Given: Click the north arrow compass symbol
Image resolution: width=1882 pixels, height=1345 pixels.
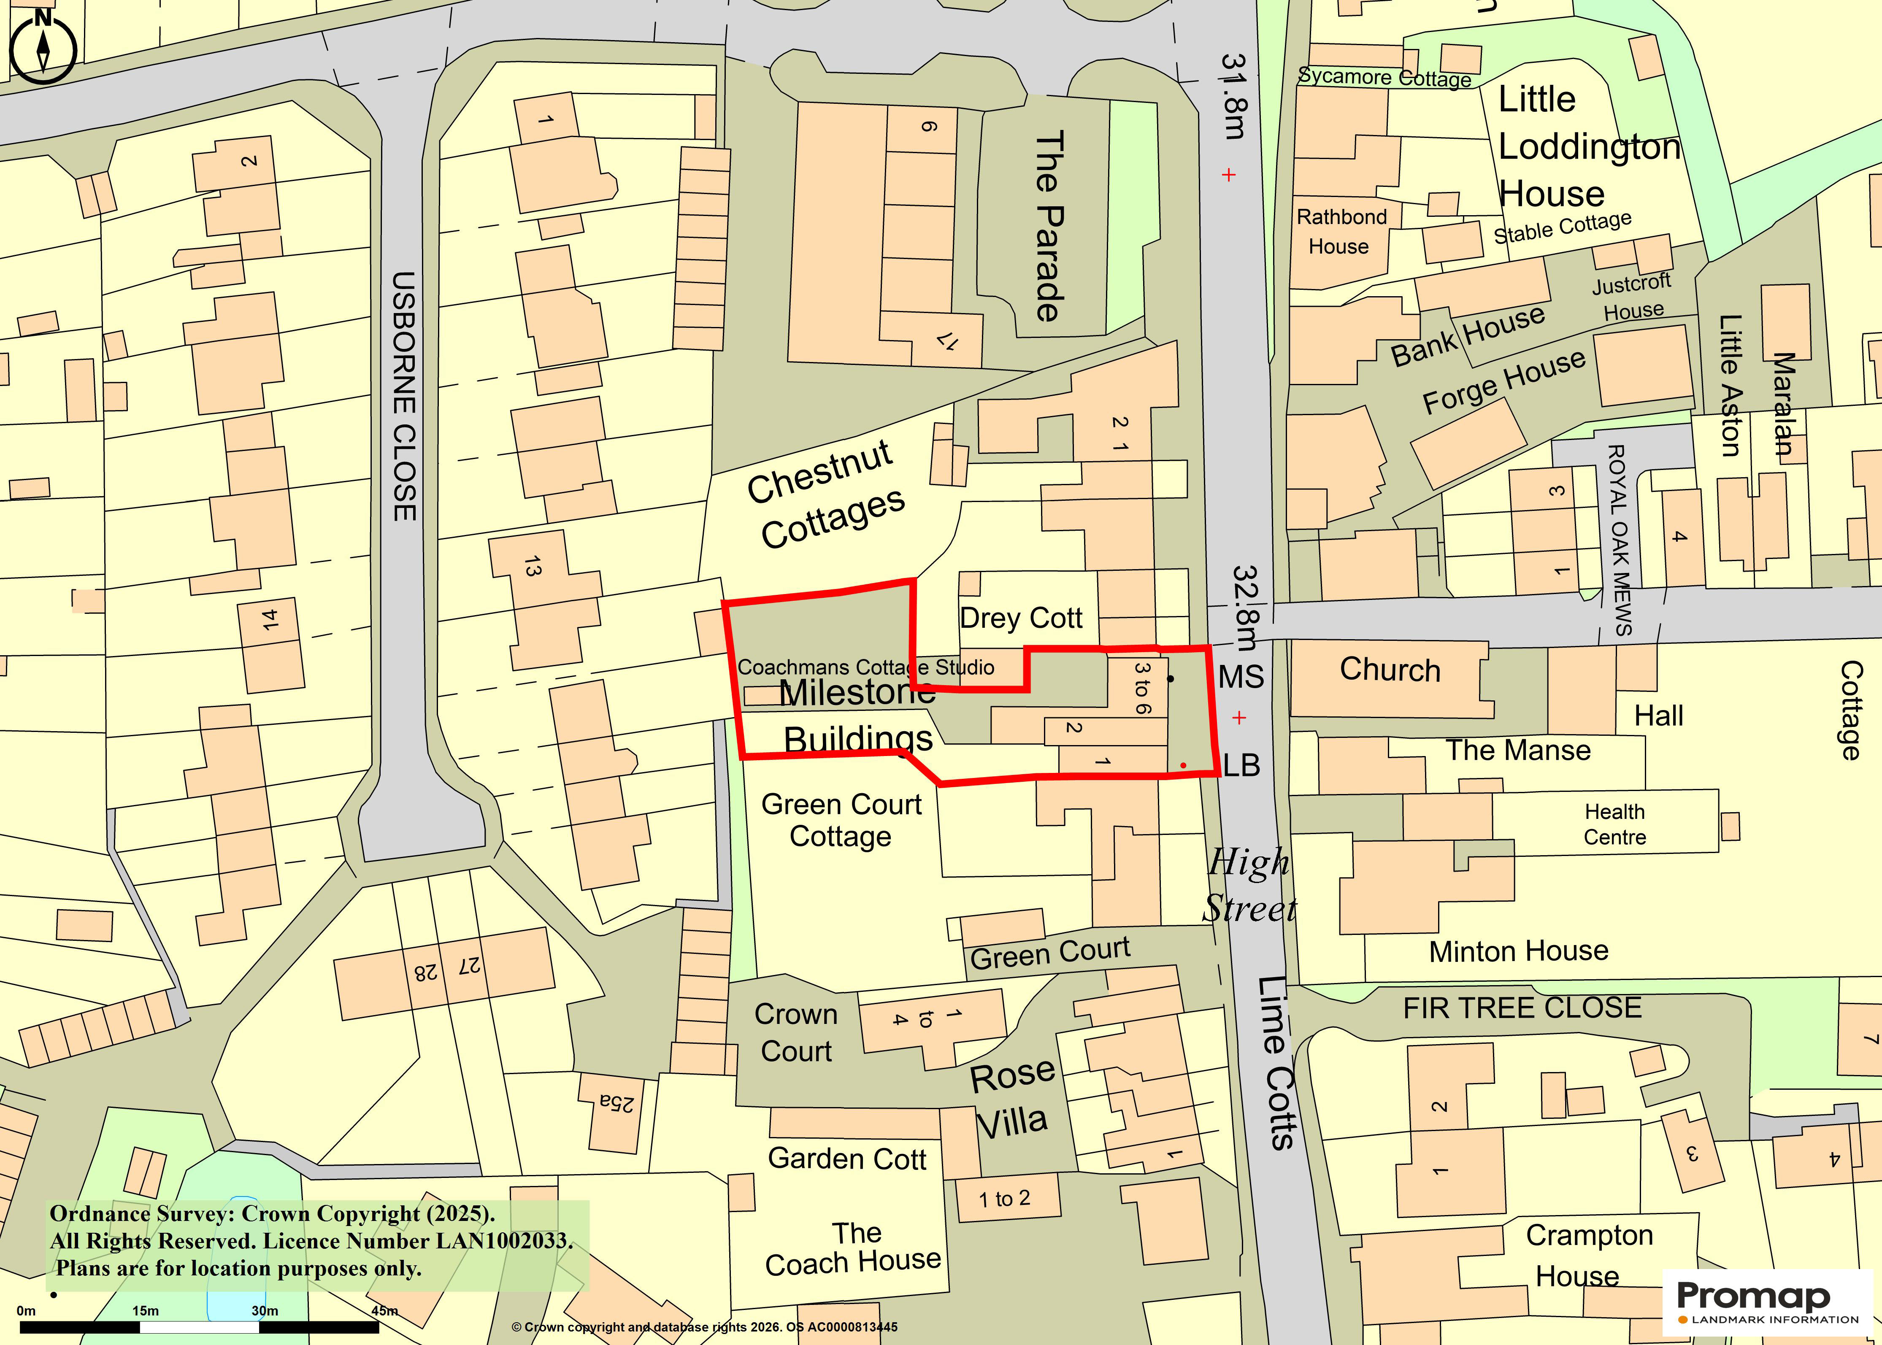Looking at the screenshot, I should point(43,48).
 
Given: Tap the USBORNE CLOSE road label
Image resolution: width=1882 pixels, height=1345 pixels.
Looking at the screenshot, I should point(404,396).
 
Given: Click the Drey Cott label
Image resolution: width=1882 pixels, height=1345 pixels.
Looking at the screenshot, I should point(1020,618).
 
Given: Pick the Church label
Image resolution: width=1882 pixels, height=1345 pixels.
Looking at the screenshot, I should point(1390,669).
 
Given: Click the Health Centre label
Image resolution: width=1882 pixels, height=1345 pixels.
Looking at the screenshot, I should point(1614,824).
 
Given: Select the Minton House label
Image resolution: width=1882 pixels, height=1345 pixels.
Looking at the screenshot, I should point(1518,951).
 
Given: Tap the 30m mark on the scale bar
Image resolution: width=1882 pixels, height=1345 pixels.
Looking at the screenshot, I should point(265,1310).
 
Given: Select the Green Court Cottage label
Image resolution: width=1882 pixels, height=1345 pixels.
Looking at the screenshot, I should point(841,820).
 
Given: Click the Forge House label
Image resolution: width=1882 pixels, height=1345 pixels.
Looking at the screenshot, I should point(1503,381).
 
